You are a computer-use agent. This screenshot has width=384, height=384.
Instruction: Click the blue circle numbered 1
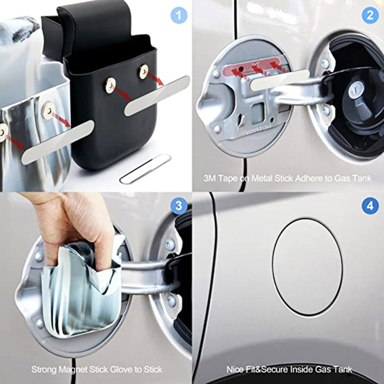(x=179, y=15)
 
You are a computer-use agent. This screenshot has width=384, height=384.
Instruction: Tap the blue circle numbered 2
(x=370, y=15)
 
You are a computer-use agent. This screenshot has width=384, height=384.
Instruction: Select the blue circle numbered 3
(x=179, y=205)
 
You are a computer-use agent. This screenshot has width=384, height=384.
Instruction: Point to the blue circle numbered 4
(x=370, y=205)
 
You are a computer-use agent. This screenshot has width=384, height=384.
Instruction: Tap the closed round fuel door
(x=307, y=267)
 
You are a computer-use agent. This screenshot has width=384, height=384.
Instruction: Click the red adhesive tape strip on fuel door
(x=251, y=67)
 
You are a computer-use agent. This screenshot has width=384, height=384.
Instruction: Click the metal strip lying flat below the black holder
(x=145, y=169)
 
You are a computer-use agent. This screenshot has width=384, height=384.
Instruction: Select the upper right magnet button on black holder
(x=144, y=71)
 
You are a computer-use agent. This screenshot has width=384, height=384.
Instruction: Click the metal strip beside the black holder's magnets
(x=157, y=96)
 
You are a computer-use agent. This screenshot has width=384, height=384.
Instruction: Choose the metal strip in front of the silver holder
(x=58, y=142)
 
